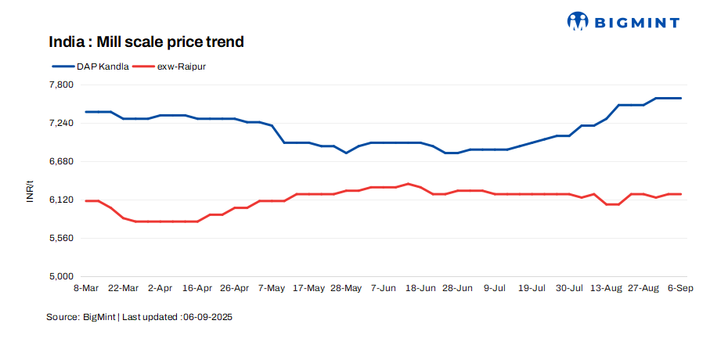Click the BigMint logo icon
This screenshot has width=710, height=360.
coord(578,21)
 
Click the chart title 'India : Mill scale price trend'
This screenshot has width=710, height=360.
coord(146,41)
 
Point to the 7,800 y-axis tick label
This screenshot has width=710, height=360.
coord(61,85)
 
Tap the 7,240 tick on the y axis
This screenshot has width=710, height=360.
coord(61,123)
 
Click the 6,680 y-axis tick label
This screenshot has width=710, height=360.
coord(61,161)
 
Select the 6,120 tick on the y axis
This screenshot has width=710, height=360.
coord(61,200)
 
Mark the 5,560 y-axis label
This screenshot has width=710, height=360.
coord(61,238)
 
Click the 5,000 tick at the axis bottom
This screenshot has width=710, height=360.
coord(61,276)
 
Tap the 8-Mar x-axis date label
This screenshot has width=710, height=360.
coord(86,289)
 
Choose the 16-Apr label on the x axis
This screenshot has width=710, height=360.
coord(197,289)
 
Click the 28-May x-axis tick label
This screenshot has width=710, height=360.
coord(346,289)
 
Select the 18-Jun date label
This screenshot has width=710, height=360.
coord(420,289)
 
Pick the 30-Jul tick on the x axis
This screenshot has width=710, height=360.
coord(569,289)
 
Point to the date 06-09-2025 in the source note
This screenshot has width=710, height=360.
coord(207,318)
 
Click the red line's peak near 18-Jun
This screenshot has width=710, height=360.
coord(409,184)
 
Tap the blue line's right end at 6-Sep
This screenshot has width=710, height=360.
coord(681,98)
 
